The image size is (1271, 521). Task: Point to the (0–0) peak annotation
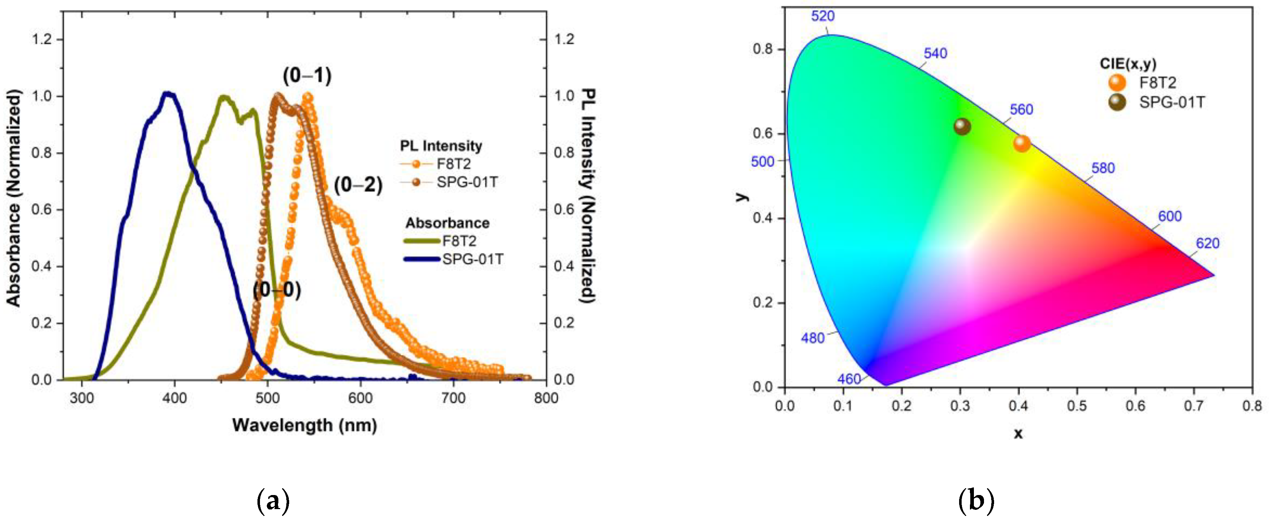click(277, 290)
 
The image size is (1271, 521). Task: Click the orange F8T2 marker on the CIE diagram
click(1022, 143)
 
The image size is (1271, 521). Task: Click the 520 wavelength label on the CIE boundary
click(822, 16)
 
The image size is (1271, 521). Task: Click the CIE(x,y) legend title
click(1128, 64)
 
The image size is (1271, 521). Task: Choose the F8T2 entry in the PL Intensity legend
click(454, 164)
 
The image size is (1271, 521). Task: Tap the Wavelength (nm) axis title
click(304, 425)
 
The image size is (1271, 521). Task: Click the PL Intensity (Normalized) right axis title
click(588, 196)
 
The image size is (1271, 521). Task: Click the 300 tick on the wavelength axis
click(81, 398)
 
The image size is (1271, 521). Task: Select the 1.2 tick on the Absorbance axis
click(42, 39)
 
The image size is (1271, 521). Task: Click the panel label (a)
click(273, 501)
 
